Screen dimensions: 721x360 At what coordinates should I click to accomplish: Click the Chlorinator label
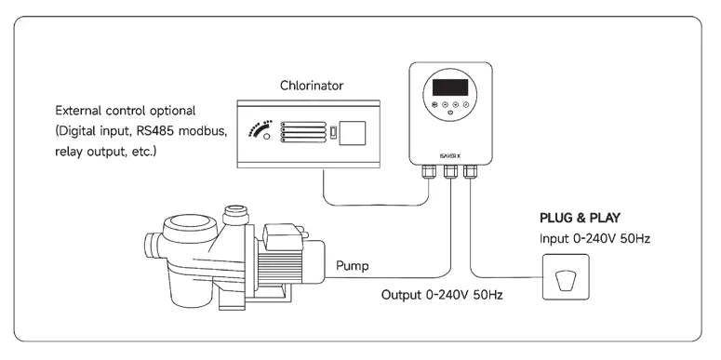click(312, 86)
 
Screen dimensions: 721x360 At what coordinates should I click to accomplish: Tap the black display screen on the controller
click(450, 87)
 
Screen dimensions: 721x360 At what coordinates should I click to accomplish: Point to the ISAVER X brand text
click(450, 155)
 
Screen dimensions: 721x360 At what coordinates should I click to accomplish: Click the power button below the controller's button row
click(450, 112)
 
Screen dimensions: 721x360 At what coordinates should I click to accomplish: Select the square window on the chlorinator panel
click(353, 133)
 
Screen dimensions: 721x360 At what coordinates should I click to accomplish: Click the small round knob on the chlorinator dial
click(267, 137)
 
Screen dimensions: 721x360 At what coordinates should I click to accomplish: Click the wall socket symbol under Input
click(566, 277)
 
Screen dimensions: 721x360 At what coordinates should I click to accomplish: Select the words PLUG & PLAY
click(580, 218)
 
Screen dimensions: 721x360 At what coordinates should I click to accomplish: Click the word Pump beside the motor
click(353, 265)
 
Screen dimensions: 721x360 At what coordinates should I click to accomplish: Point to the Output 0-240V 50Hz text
click(442, 295)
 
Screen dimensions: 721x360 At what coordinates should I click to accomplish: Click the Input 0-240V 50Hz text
click(594, 239)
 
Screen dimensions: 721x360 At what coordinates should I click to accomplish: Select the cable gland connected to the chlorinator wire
click(429, 171)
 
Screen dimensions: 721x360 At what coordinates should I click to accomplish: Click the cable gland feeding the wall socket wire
click(470, 171)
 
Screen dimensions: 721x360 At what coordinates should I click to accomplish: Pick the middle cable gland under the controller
click(450, 171)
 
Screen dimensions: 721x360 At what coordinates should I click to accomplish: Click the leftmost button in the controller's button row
click(434, 104)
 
